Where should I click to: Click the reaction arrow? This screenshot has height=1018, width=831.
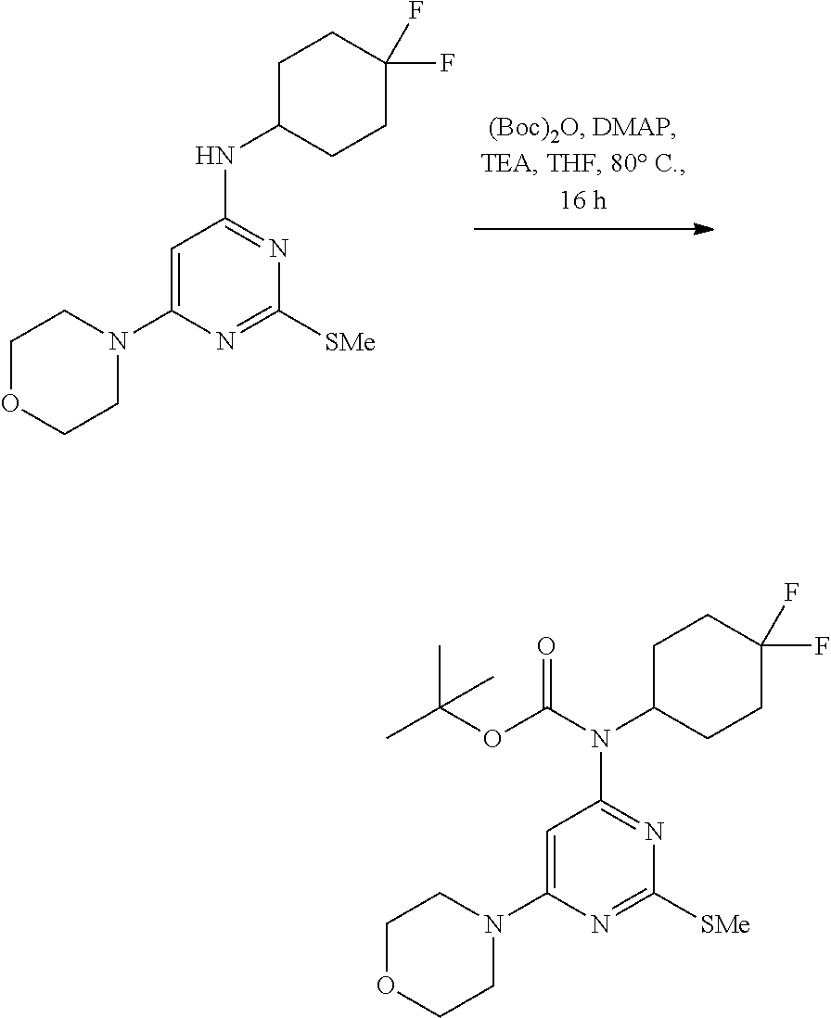(594, 229)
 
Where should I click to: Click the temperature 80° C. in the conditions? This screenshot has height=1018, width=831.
(649, 163)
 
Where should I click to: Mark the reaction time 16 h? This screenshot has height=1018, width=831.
(582, 199)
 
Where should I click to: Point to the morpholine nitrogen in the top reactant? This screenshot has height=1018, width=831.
(117, 342)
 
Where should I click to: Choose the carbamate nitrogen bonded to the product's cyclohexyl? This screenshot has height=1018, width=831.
(600, 739)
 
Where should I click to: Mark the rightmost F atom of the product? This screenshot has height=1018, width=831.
(820, 646)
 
